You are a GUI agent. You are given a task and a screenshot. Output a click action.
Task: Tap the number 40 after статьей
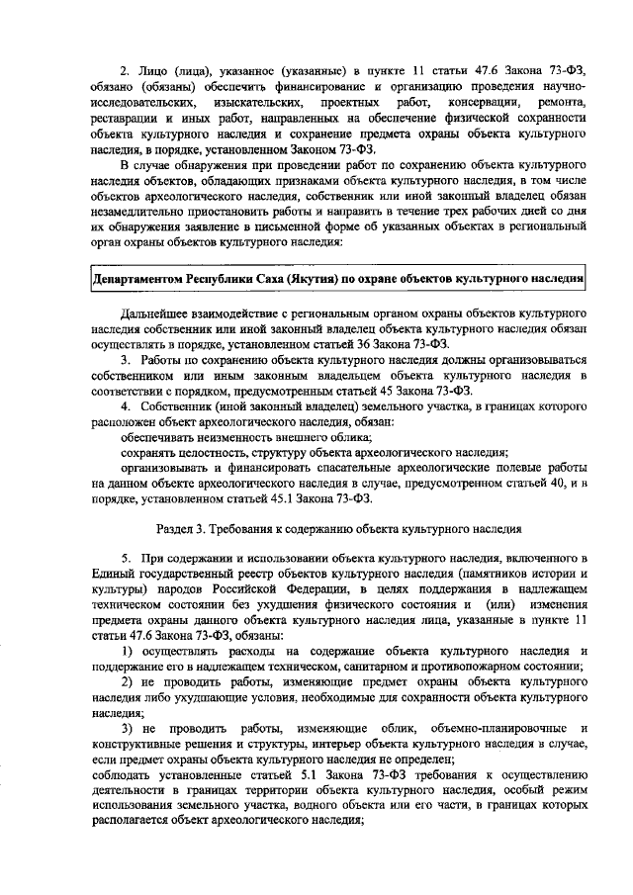pos(549,484)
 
